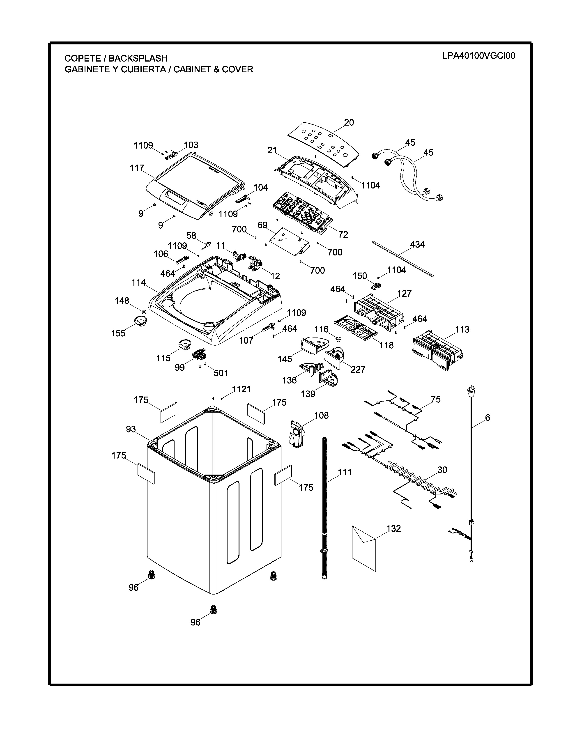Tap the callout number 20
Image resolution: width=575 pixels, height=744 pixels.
coord(349,122)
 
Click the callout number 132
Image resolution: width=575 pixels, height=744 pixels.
coord(393,528)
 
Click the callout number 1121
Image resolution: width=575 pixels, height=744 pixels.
coord(241,389)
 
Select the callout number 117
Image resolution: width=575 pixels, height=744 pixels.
coord(137,168)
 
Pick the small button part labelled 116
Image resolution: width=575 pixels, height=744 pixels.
coord(338,339)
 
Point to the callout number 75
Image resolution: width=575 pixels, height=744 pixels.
coord(436,399)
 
